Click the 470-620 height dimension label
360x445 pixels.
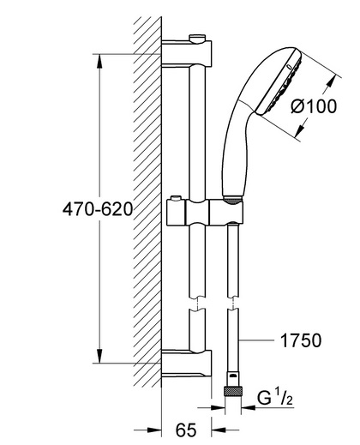(x=98, y=209)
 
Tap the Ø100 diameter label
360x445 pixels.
(x=314, y=106)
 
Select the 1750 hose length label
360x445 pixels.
(x=301, y=340)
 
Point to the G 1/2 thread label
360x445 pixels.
(x=275, y=398)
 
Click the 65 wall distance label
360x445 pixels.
(x=186, y=430)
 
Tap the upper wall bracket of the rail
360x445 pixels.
(x=187, y=53)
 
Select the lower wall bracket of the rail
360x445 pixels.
(x=187, y=363)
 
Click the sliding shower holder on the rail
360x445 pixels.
(x=205, y=211)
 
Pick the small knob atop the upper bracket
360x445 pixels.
(x=197, y=39)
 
